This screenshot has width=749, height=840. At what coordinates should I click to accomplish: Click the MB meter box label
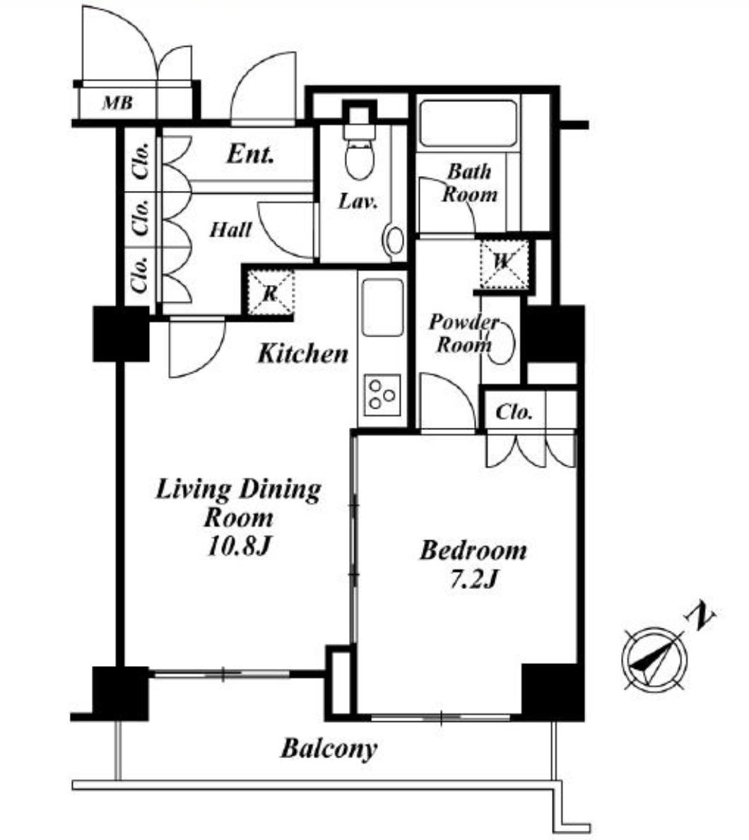[x=118, y=103]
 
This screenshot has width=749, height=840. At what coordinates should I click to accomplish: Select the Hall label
[x=231, y=230]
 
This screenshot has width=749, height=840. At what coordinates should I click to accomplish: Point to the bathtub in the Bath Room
[x=468, y=124]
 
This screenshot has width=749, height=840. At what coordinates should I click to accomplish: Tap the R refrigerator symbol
[x=271, y=293]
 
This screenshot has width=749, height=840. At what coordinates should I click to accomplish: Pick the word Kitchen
[x=303, y=354]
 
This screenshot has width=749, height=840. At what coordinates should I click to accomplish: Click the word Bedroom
[x=473, y=551]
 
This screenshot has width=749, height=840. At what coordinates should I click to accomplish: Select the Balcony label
[x=329, y=748]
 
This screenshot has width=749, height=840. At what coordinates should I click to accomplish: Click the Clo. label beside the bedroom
[x=514, y=412]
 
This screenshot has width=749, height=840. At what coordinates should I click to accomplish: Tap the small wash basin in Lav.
[x=395, y=240]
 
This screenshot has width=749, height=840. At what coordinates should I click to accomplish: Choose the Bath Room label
[x=469, y=182]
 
